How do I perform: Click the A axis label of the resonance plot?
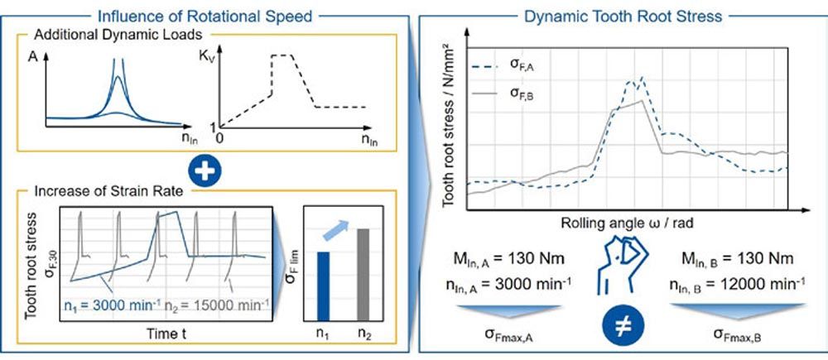[x=30, y=59]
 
